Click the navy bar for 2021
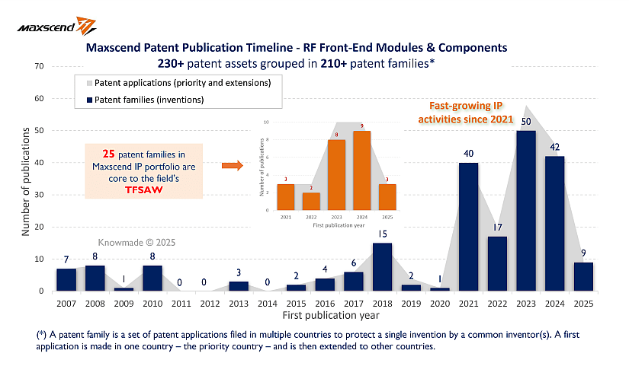pyautogui.click(x=468, y=227)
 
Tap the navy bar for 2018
pyautogui.click(x=382, y=266)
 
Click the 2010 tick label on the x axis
pyautogui.click(x=152, y=303)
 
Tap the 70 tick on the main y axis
pyautogui.click(x=38, y=66)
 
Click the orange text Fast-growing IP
pyautogui.click(x=457, y=106)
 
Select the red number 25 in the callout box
pyautogui.click(x=96, y=152)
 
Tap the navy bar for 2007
pyautogui.click(x=67, y=279)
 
